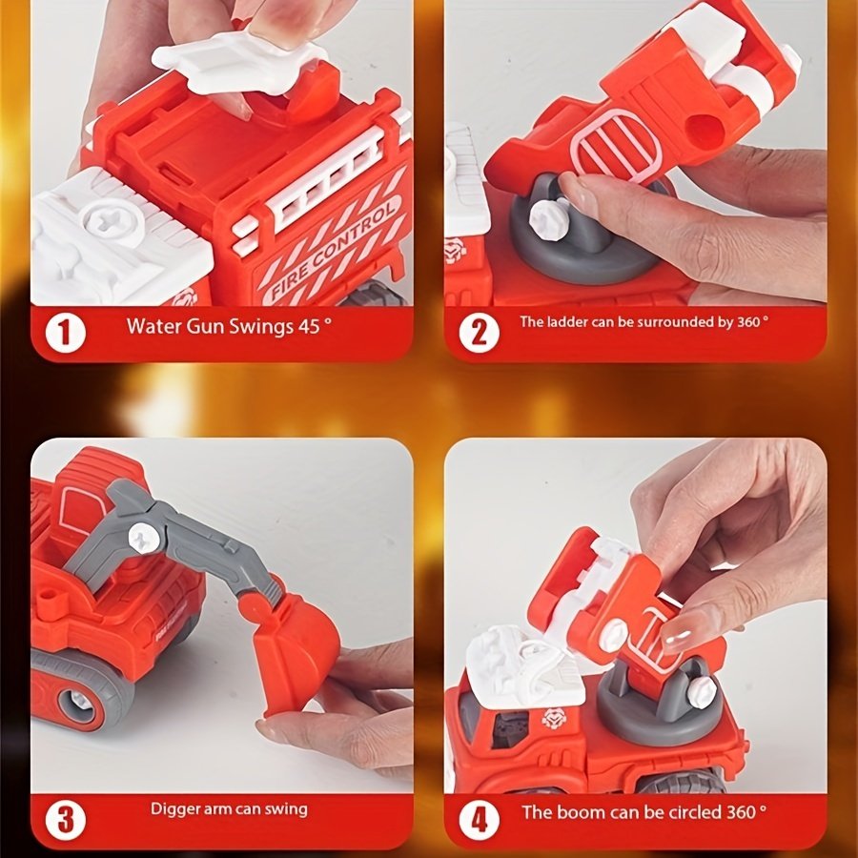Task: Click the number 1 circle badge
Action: click(x=65, y=333)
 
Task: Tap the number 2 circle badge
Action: click(x=479, y=333)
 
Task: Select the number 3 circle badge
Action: click(x=65, y=820)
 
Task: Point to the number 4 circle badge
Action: click(x=479, y=820)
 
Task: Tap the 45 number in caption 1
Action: click(x=309, y=327)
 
